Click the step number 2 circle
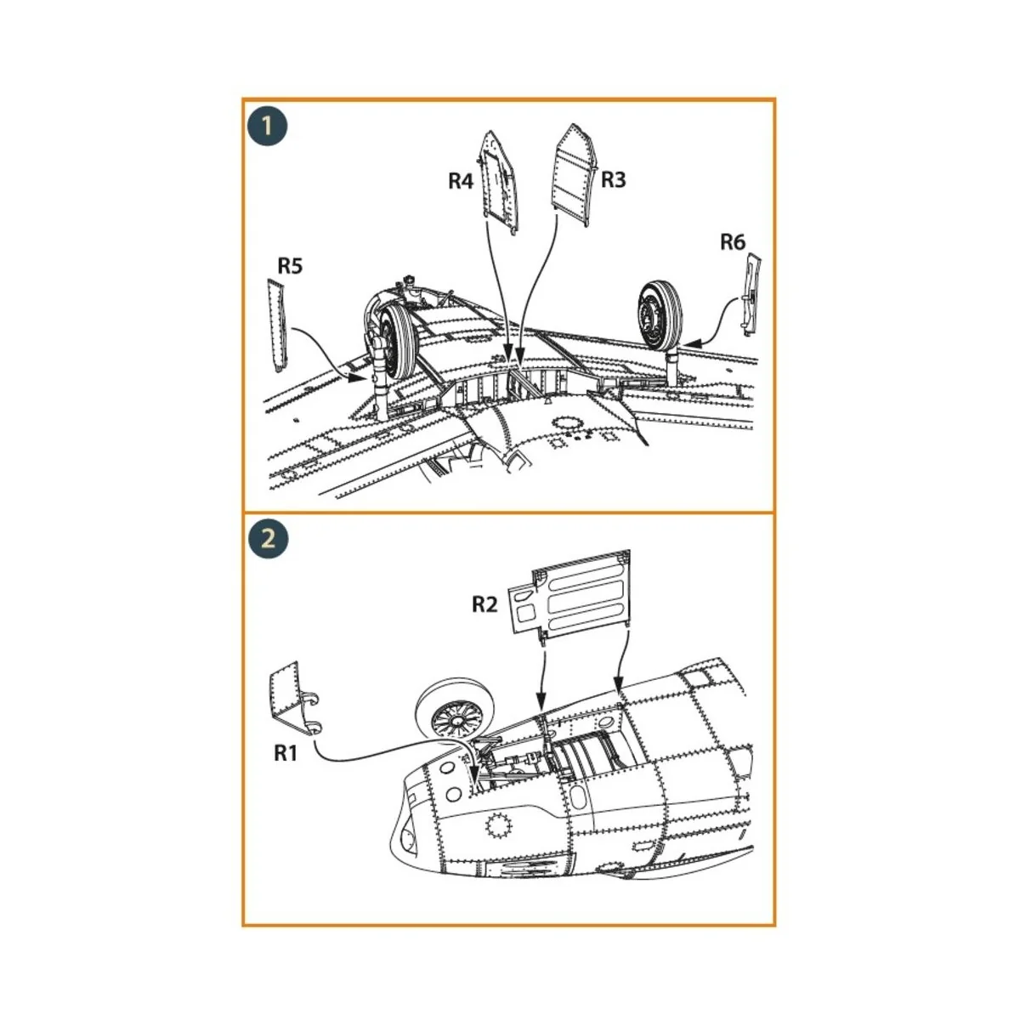pos(268,539)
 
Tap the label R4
pos(461,181)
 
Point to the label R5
pos(290,266)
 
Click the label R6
pos(732,242)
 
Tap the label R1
pos(286,752)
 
